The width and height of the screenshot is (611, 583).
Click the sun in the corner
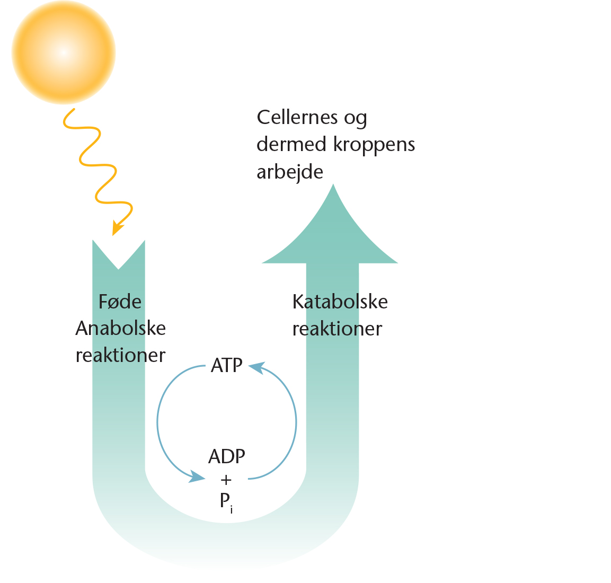click(64, 52)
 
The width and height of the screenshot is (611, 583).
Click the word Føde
click(120, 302)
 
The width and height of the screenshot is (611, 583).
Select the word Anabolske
click(121, 329)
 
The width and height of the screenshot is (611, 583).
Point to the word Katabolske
click(340, 302)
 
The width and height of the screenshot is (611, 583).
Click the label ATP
click(226, 366)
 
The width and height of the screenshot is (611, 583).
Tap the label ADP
click(227, 456)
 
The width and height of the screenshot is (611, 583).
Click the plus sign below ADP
click(226, 480)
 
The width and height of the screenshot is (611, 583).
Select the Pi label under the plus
click(226, 501)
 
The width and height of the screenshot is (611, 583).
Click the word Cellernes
click(297, 117)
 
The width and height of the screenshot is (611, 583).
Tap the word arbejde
click(289, 172)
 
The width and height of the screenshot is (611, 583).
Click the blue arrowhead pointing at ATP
click(256, 367)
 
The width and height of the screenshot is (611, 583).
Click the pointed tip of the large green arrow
click(333, 187)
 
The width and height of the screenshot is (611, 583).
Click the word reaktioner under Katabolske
click(337, 329)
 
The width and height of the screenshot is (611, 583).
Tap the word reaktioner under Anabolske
click(121, 355)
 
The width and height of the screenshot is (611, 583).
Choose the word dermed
click(291, 144)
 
